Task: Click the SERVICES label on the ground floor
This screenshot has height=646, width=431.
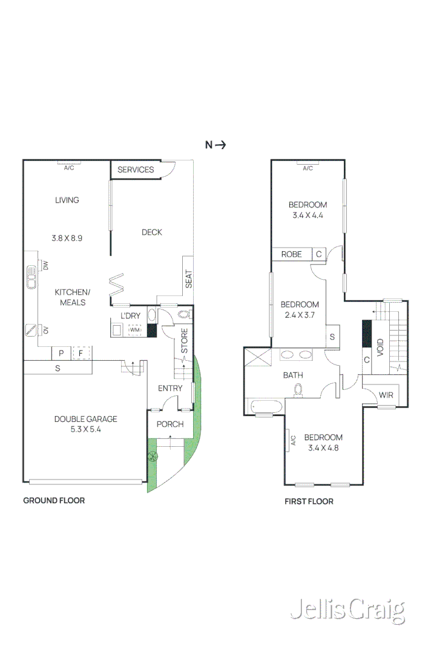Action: (x=136, y=170)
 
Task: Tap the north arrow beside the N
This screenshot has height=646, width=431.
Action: (x=221, y=145)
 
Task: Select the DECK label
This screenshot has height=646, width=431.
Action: (x=152, y=232)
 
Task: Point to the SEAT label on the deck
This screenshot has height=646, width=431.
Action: (x=189, y=279)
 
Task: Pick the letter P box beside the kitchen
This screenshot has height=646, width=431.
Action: (x=61, y=353)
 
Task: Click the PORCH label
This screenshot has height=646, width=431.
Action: (x=170, y=424)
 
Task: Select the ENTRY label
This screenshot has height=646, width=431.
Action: (x=170, y=388)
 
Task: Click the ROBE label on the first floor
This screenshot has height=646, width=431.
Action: (x=291, y=254)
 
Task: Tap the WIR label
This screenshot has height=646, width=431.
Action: (x=386, y=395)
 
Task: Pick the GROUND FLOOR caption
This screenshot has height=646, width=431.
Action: (x=54, y=500)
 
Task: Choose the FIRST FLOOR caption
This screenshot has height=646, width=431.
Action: (x=309, y=501)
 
